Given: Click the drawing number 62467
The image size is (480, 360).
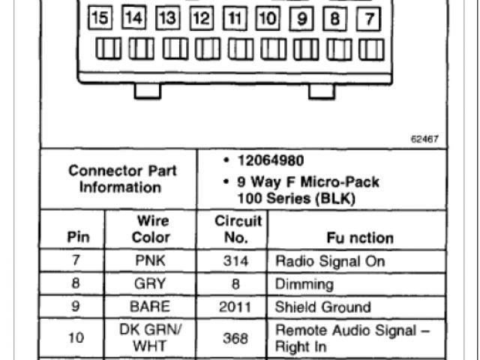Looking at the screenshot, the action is (x=424, y=139).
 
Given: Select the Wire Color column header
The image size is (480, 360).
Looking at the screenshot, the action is (x=151, y=229).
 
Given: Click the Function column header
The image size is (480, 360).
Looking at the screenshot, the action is (x=360, y=238).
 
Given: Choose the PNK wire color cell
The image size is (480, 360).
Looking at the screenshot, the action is (x=152, y=261).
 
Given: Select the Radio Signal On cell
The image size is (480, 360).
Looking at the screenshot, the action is (x=329, y=261).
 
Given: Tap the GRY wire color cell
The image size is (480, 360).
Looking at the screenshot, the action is (x=152, y=284).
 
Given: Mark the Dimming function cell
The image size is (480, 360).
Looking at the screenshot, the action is (x=304, y=284).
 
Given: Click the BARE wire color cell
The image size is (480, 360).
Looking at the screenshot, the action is (x=152, y=307).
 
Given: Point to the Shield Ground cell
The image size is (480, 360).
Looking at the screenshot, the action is (x=323, y=307).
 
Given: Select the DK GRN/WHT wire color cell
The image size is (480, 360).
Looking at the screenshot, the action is (x=151, y=337).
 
